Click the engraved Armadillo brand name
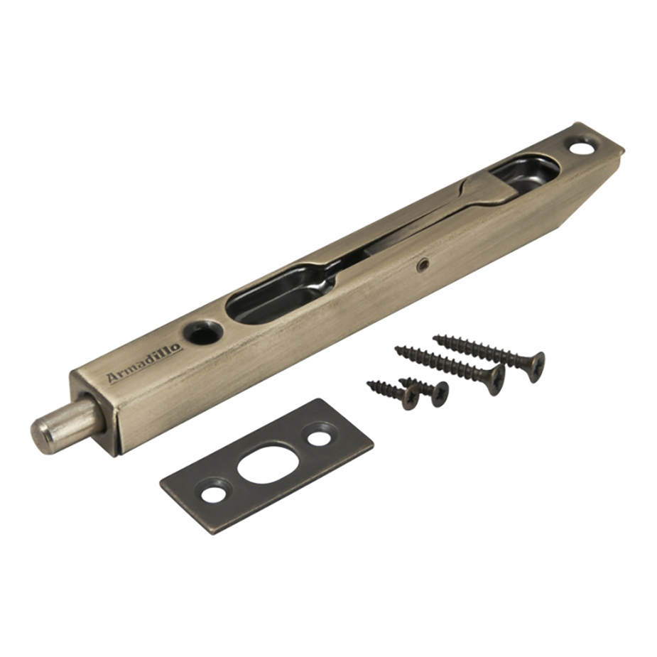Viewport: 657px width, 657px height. [145, 362]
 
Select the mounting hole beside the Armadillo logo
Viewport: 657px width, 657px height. [202, 330]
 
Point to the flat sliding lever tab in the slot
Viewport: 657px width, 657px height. [488, 192]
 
